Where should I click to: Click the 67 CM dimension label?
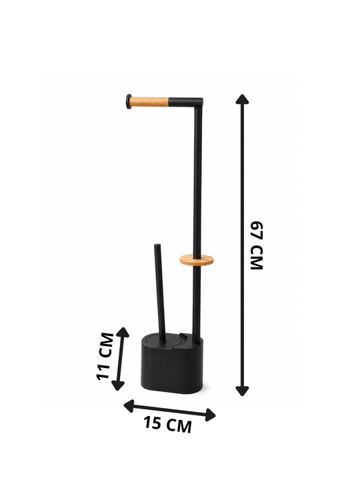257,245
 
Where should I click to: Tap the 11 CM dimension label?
105,356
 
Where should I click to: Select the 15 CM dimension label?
168,424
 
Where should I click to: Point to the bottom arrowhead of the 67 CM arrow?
242,391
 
